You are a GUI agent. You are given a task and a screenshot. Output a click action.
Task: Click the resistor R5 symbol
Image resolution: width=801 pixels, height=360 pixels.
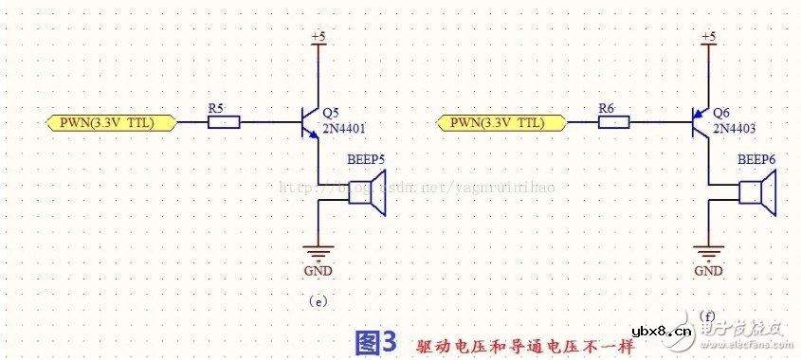(224, 122)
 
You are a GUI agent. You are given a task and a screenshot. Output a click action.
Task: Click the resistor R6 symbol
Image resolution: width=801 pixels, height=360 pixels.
(614, 122)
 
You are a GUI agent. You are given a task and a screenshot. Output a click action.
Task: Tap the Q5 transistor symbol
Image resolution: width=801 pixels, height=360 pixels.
(312, 122)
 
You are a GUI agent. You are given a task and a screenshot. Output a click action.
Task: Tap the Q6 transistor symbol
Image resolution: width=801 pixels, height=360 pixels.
(701, 122)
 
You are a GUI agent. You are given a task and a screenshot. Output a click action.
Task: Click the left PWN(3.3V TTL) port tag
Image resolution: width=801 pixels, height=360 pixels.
(111, 122)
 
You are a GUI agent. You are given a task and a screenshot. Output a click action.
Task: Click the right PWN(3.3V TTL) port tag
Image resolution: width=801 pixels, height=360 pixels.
(502, 122)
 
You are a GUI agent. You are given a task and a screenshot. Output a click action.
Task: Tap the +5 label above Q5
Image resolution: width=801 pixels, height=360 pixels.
(319, 37)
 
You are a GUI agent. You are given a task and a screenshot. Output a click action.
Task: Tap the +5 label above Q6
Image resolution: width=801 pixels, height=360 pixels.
(708, 37)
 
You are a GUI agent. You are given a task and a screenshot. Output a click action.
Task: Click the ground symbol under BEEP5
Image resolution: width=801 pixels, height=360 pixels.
(319, 253)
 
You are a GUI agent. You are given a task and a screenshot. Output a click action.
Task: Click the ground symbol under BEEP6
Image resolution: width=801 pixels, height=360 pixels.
(708, 253)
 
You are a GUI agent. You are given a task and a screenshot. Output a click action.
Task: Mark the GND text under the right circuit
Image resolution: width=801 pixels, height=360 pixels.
(709, 272)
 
